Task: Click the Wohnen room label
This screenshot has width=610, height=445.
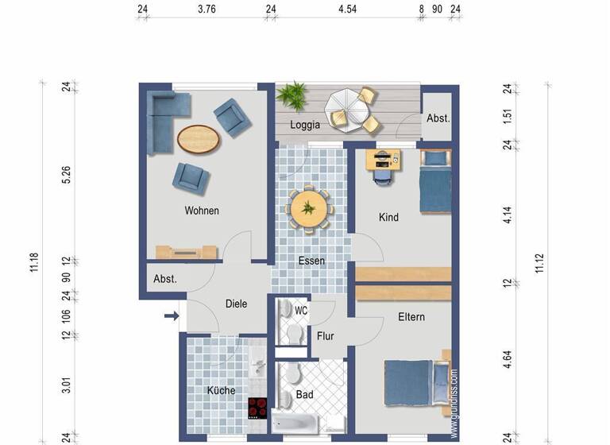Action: [x=202, y=211]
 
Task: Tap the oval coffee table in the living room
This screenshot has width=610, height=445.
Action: [x=198, y=140]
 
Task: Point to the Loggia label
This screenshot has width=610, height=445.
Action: [x=305, y=125]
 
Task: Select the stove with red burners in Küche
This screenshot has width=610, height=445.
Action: [x=258, y=408]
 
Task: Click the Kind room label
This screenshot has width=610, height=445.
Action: [x=388, y=218]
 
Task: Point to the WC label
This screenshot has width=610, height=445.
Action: [x=301, y=310]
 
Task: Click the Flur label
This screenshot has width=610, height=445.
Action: [x=326, y=336]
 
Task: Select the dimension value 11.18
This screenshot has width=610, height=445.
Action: [x=34, y=261]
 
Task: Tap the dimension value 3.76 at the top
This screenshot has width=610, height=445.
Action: [x=207, y=10]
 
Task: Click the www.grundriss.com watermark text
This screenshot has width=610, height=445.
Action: [x=454, y=402]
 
